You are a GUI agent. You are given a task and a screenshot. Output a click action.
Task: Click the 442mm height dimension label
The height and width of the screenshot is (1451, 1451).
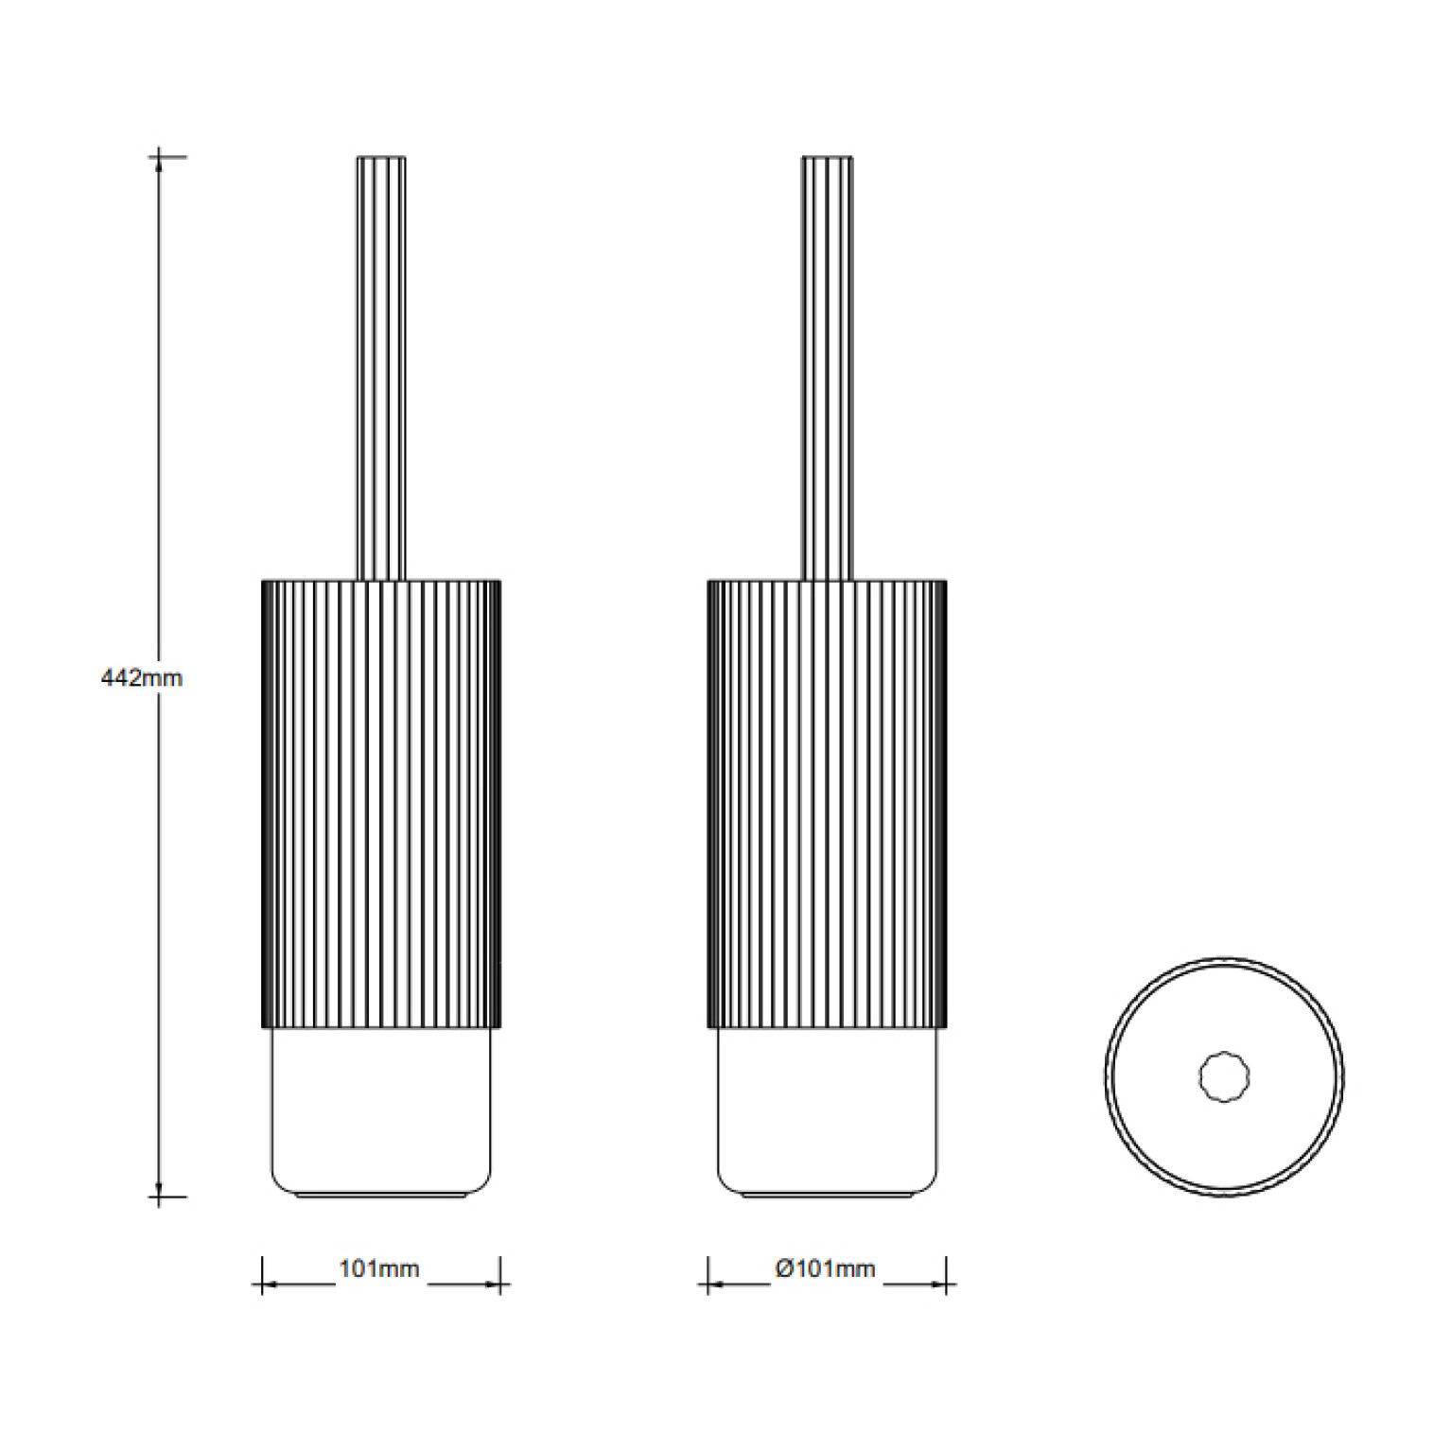point(141,677)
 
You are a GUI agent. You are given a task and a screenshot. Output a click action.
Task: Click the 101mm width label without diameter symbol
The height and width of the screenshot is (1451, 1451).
point(378,1268)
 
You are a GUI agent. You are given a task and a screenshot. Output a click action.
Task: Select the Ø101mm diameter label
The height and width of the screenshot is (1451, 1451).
point(826,1268)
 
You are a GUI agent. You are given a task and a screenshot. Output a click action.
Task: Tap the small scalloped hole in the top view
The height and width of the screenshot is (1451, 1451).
point(1224,1076)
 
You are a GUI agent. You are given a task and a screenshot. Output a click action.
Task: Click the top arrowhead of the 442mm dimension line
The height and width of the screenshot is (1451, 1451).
point(159,163)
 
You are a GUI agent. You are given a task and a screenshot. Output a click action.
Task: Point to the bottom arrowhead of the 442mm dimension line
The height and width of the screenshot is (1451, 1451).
point(159,1190)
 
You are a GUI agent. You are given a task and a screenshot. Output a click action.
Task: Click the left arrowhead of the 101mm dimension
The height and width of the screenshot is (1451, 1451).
point(270,1285)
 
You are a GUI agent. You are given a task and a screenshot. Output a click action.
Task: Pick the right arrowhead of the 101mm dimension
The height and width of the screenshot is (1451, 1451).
point(492,1285)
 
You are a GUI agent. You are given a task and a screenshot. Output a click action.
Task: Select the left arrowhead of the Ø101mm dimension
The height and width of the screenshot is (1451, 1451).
point(716,1285)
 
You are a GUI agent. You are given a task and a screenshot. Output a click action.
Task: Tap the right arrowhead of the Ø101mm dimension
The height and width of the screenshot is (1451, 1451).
point(938,1285)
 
